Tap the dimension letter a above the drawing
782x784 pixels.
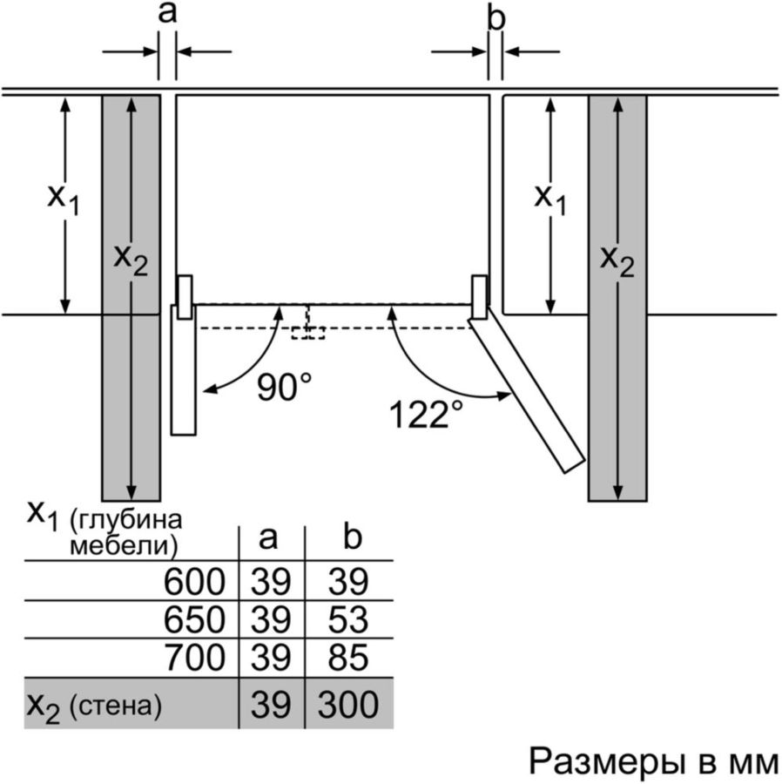click(167, 15)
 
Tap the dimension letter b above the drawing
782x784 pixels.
click(495, 17)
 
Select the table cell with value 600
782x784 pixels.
click(194, 581)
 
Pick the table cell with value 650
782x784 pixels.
click(194, 619)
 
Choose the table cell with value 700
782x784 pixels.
click(194, 658)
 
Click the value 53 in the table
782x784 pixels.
click(348, 619)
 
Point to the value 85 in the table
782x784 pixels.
click(348, 658)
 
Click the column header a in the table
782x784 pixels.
click(269, 539)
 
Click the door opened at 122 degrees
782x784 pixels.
click(526, 394)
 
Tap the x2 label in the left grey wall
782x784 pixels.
click(131, 260)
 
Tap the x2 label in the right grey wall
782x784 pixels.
click(617, 260)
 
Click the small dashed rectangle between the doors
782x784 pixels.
click(308, 333)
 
